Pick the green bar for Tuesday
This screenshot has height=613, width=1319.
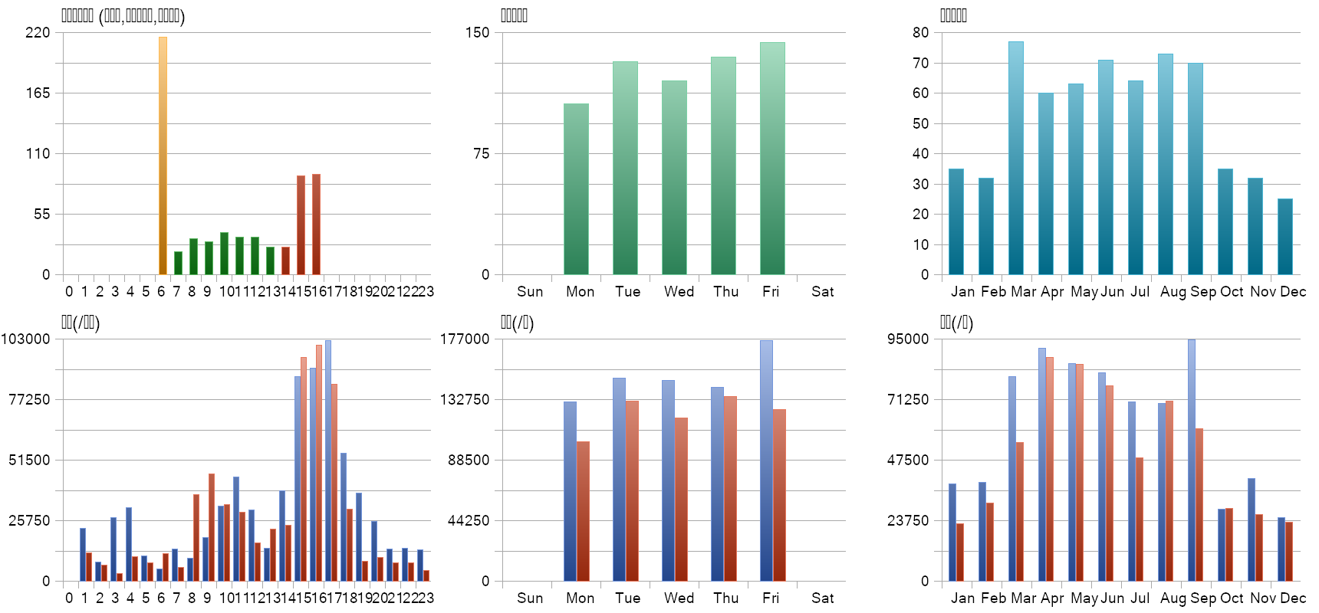tap(625, 168)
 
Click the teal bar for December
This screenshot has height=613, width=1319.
tap(1284, 237)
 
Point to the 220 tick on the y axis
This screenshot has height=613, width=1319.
tap(38, 32)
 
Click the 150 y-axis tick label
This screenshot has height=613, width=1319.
tap(477, 32)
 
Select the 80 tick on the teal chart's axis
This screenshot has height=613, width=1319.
tap(920, 32)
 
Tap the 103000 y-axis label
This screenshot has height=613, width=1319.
tap(25, 339)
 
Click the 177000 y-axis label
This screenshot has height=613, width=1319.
tap(465, 339)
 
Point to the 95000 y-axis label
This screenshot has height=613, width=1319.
tap(908, 339)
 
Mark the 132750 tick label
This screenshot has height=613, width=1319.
tap(465, 399)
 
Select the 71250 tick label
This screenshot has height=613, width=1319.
tap(908, 399)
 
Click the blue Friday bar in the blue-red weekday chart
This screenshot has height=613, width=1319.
tap(766, 461)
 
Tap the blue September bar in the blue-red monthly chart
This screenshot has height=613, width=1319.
tap(1191, 460)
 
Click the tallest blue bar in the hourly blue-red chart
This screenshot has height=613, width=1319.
tap(327, 461)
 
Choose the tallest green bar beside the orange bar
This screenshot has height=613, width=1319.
tap(224, 254)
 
